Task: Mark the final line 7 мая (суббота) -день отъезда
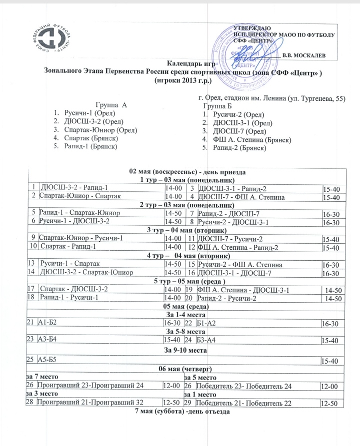click(x=182, y=412)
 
